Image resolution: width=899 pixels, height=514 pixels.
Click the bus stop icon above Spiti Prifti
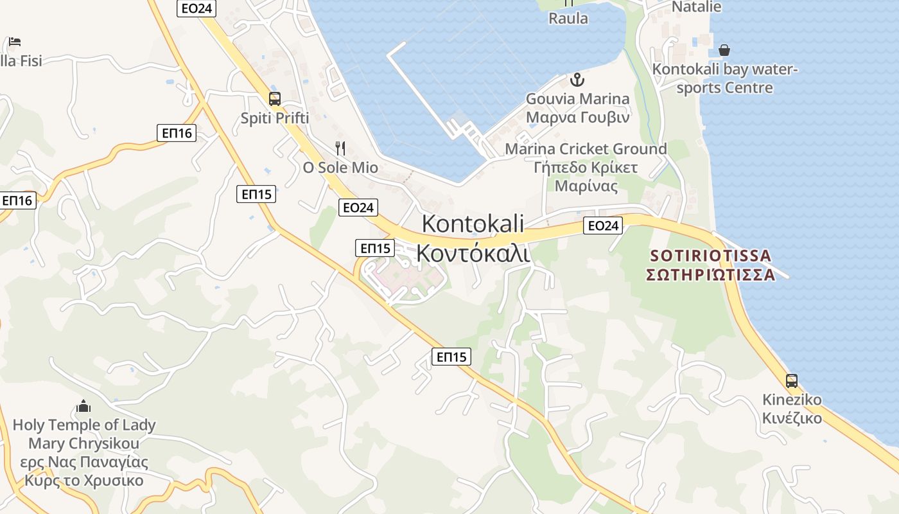[275, 99]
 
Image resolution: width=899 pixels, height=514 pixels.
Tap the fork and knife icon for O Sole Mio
[340, 148]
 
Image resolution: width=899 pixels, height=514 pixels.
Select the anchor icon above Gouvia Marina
[577, 80]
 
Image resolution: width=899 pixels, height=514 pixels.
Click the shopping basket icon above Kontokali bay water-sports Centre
[724, 49]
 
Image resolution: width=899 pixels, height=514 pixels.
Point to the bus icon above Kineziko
[792, 380]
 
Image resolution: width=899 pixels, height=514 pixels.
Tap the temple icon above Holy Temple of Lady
[83, 406]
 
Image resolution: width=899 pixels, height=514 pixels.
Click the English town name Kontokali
[473, 224]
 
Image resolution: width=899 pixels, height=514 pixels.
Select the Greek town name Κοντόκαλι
[473, 253]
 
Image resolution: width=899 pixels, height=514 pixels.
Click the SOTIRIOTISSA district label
[710, 256]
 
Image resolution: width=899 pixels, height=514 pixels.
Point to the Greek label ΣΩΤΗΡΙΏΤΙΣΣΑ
[710, 275]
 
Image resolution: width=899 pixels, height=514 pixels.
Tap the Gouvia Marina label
[577, 99]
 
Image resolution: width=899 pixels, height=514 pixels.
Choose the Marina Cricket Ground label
[586, 149]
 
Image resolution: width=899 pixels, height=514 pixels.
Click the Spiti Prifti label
[275, 118]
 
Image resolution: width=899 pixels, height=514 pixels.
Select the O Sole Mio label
[340, 168]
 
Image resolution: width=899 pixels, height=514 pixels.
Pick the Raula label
[568, 18]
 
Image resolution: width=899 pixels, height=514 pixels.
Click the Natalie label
[696, 7]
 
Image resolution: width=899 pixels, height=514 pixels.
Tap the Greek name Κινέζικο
[792, 418]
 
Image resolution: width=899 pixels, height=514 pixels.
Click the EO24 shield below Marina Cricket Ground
[604, 226]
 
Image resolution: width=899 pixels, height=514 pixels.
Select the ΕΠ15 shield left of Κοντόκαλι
[375, 248]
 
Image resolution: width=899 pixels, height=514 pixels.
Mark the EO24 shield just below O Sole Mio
[358, 207]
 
